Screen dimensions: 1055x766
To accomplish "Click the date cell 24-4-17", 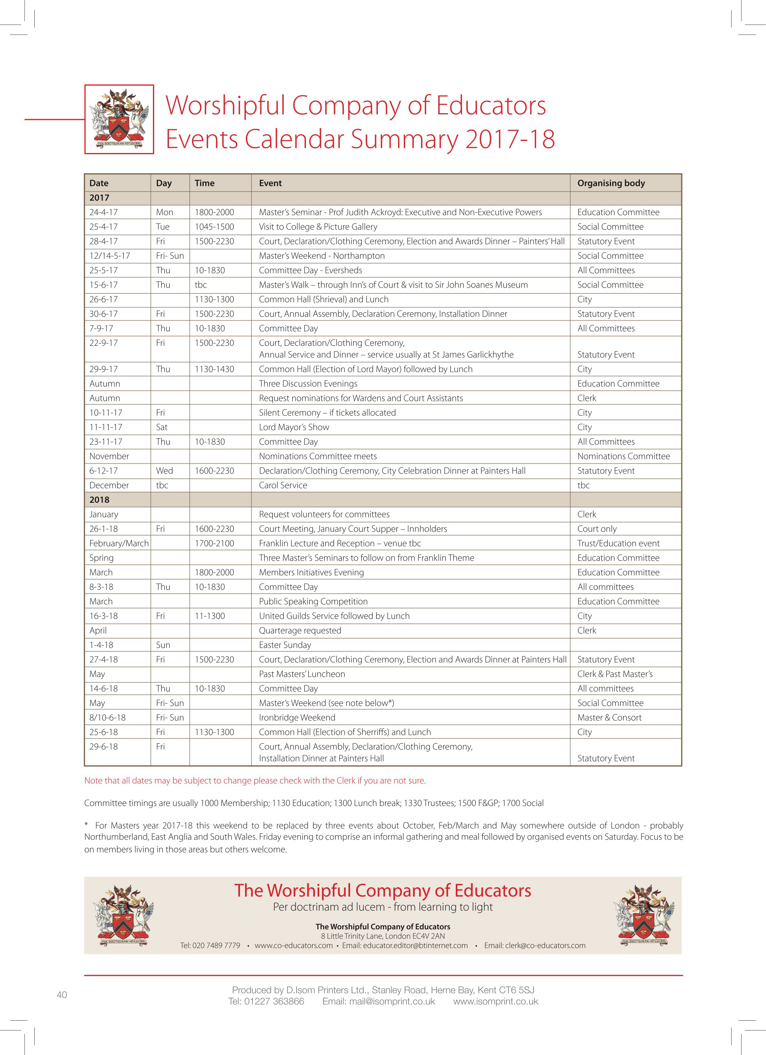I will click(x=104, y=212).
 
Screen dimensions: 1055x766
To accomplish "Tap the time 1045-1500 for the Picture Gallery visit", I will click(x=214, y=226).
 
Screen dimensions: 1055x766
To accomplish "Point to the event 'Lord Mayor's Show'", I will click(x=294, y=427).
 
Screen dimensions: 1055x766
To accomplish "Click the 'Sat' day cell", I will click(x=162, y=427).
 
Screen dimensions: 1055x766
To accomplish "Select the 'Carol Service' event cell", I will click(x=283, y=485).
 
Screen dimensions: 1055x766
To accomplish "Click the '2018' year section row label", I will click(x=100, y=500).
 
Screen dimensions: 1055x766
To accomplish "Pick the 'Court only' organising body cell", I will click(x=597, y=529).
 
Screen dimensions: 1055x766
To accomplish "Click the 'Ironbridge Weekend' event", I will click(x=297, y=717).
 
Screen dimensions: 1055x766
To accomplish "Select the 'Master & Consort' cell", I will click(x=609, y=717).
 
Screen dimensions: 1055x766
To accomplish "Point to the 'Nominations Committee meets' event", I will click(x=318, y=456).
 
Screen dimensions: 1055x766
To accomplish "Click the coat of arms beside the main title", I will click(x=119, y=119).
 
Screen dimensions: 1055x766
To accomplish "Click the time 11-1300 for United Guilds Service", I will click(x=210, y=616).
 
